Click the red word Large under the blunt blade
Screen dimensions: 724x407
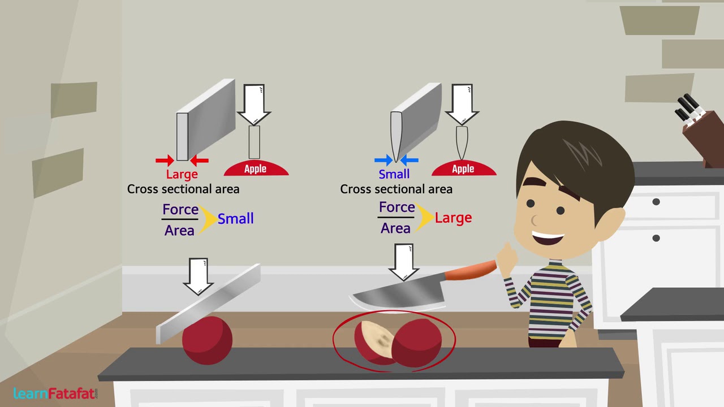[182, 175]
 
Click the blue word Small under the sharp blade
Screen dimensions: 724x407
[394, 175]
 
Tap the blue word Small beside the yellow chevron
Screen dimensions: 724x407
[236, 219]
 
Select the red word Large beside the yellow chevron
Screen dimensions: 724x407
[453, 218]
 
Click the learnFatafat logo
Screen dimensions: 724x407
[55, 393]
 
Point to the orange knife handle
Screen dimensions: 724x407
[471, 270]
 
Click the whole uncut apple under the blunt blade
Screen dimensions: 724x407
[207, 340]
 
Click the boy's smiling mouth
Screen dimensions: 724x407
[548, 238]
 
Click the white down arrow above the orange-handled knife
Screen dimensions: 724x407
[404, 262]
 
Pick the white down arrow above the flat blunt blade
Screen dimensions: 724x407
[198, 276]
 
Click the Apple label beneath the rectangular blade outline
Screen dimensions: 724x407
[256, 168]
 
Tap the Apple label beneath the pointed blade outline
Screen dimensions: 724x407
[463, 168]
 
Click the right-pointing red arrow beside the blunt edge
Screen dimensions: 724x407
[165, 161]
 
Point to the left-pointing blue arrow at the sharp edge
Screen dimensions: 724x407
[409, 160]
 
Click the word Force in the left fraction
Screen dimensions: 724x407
[180, 209]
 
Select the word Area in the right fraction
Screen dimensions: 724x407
[395, 228]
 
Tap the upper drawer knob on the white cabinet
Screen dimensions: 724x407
[656, 202]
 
